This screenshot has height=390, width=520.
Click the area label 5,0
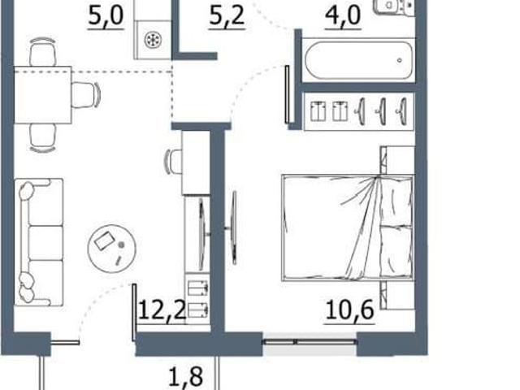coord(106,16)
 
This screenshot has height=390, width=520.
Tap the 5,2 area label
coord(227,16)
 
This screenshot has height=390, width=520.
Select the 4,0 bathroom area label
coord(343,16)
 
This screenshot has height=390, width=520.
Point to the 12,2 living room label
coord(162,310)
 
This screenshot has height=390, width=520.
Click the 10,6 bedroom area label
coord(350,310)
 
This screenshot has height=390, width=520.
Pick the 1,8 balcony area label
coord(186,377)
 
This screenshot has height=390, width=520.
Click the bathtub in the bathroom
coord(359,60)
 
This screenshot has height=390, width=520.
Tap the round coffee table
coord(112,249)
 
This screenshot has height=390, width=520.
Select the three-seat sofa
coord(39,242)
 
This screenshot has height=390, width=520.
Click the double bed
coord(348,227)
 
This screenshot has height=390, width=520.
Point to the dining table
coord(43,95)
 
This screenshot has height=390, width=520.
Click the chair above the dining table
coord(42,52)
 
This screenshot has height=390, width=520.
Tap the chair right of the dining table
coord(86,95)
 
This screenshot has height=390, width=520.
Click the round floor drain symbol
coord(153,40)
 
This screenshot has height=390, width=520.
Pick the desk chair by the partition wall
coord(173,162)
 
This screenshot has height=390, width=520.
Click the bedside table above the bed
coord(397,160)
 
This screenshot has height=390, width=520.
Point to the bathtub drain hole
coord(400,60)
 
